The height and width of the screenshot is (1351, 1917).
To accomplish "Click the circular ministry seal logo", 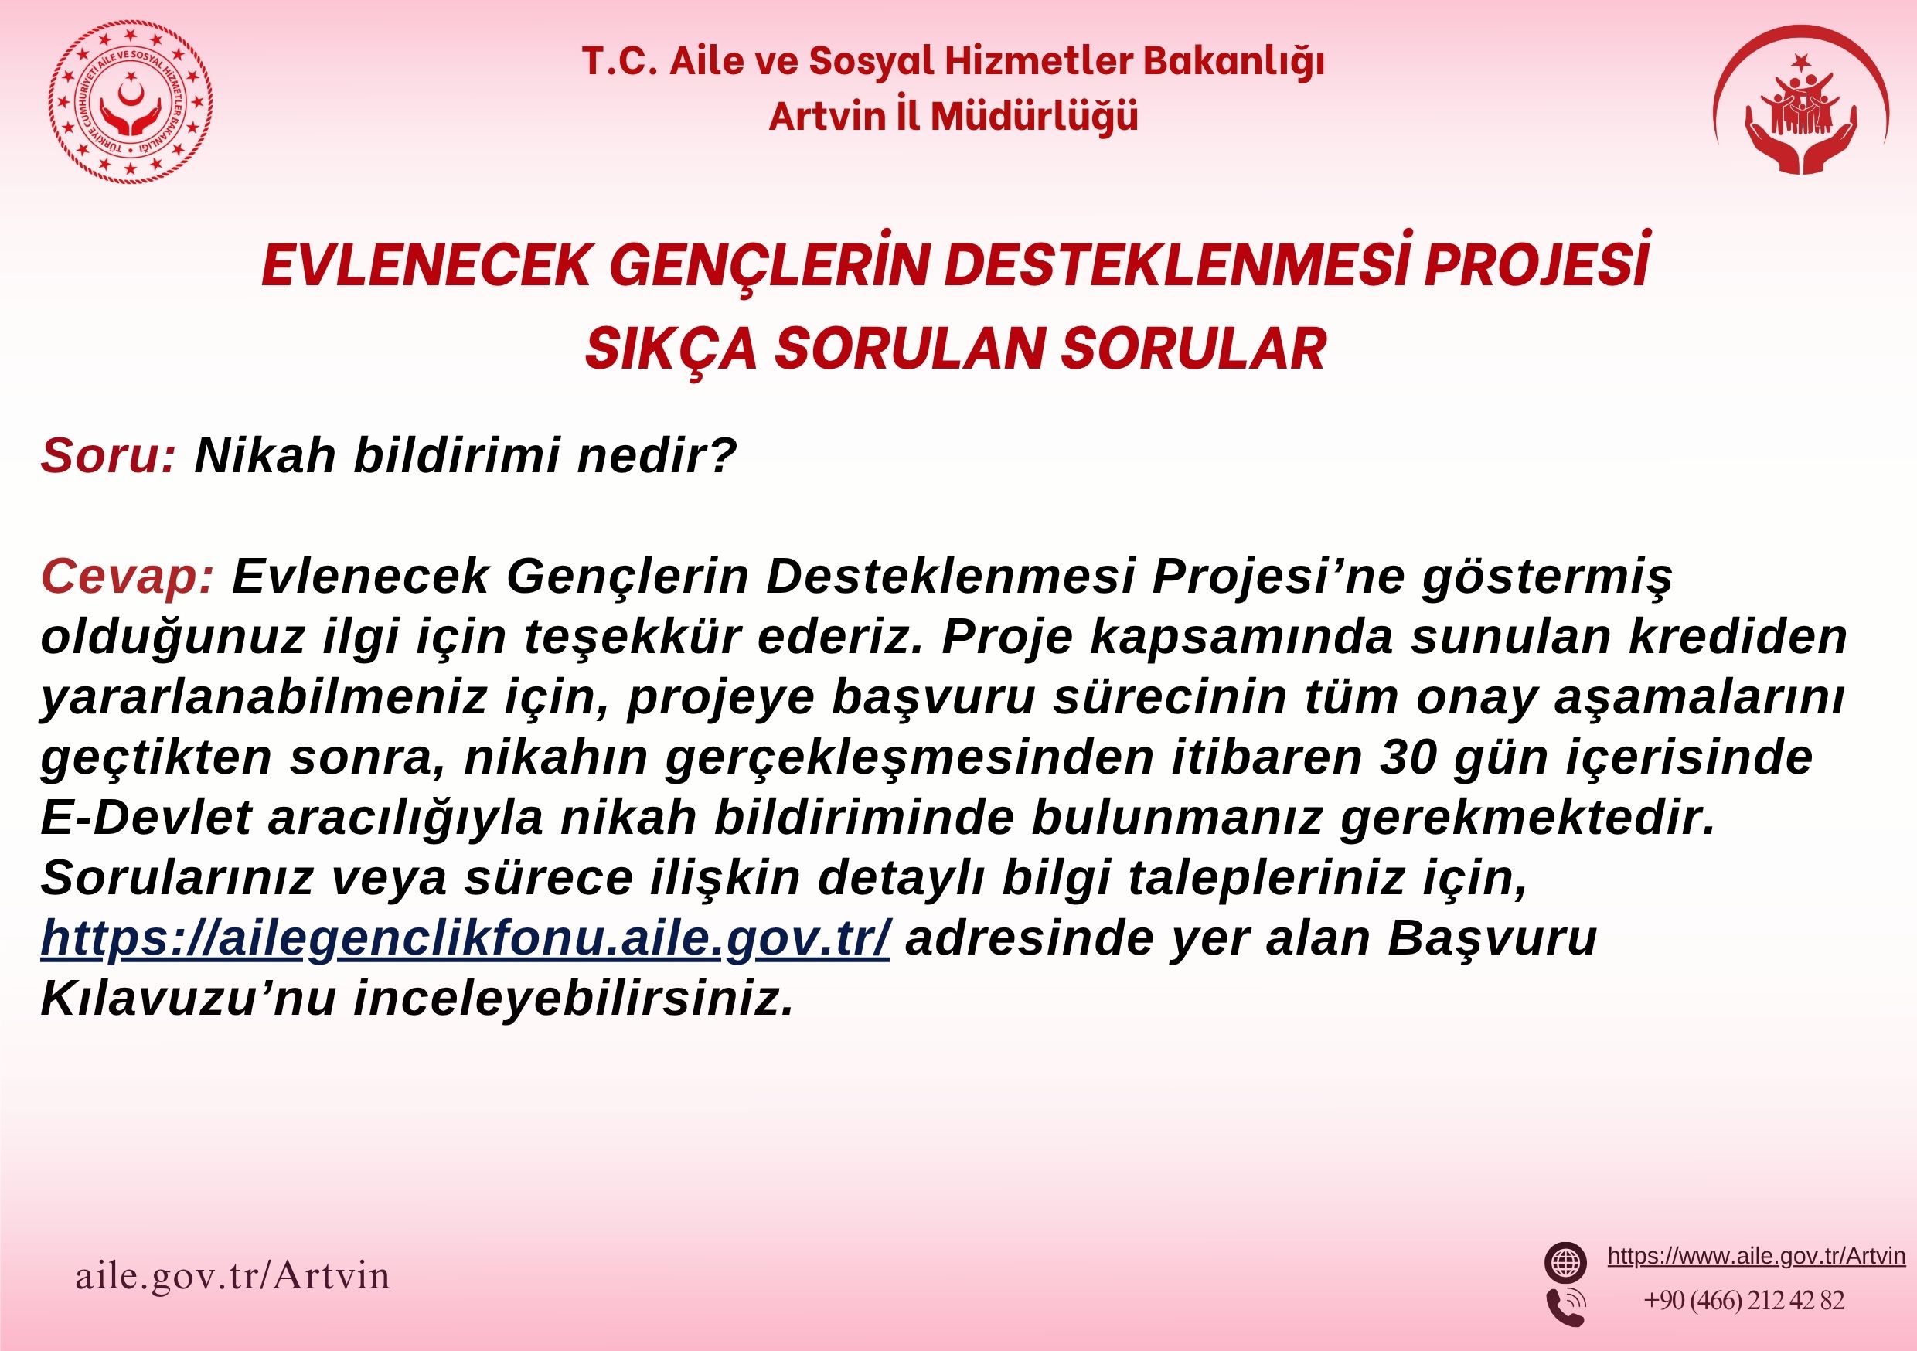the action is click(x=131, y=104).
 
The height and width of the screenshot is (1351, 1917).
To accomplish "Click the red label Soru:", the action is click(x=106, y=455).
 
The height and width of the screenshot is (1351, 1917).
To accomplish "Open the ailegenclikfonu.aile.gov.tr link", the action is click(x=465, y=938).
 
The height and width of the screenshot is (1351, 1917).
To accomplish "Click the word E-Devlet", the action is click(x=146, y=818).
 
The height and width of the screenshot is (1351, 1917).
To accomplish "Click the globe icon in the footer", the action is click(x=1565, y=1262).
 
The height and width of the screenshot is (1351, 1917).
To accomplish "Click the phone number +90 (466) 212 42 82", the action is click(x=1744, y=1301).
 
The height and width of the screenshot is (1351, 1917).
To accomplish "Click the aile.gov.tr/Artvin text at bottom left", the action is click(x=233, y=1276).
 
